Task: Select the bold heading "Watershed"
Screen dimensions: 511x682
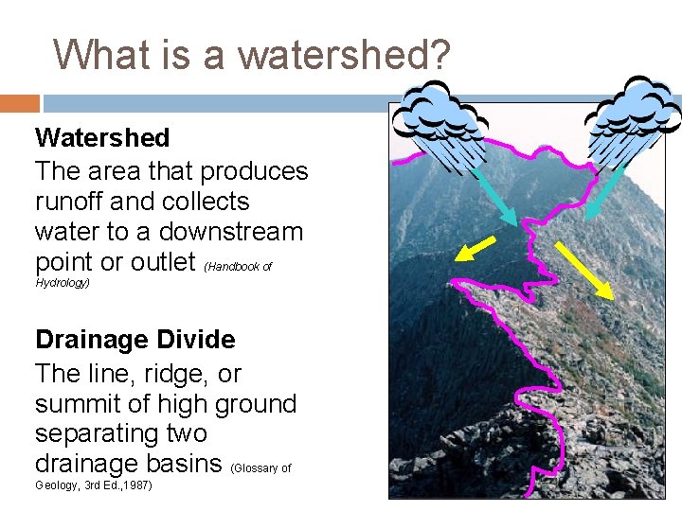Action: tap(102, 138)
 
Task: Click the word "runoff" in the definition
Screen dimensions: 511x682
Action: tap(71, 202)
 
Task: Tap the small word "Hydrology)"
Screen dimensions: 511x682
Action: tap(63, 283)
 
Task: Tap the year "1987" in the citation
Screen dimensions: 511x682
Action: tap(135, 485)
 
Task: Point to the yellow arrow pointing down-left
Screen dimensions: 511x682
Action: tap(476, 248)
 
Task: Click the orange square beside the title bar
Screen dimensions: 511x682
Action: tap(20, 102)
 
